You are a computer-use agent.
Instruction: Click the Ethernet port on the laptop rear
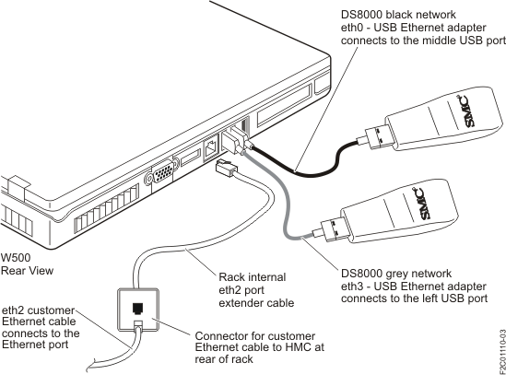(x=211, y=144)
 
